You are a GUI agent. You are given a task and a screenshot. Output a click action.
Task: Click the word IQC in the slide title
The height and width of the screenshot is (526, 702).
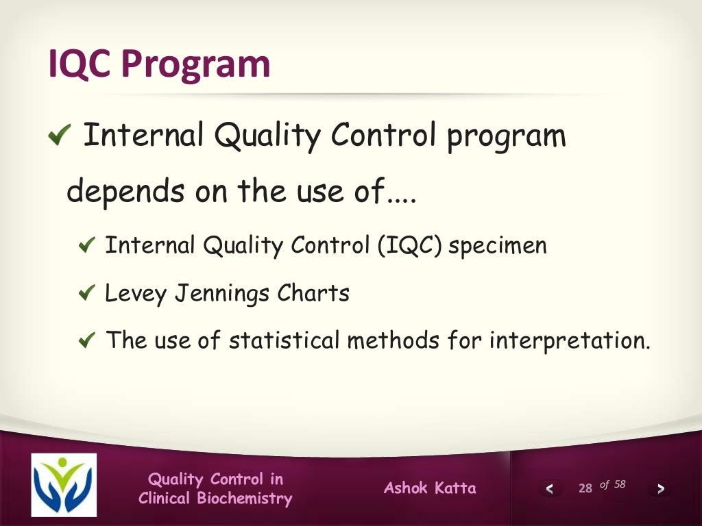point(80,64)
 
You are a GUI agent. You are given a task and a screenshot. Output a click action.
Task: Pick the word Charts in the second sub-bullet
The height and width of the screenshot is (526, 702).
point(313,294)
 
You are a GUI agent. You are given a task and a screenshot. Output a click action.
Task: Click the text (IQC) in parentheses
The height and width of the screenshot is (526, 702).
point(409,246)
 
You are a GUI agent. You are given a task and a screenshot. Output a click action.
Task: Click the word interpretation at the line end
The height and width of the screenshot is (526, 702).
point(568,341)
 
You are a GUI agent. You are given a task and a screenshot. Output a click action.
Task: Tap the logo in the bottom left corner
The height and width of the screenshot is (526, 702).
point(64,485)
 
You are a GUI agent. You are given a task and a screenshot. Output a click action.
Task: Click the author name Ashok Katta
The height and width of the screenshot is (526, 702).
point(430,488)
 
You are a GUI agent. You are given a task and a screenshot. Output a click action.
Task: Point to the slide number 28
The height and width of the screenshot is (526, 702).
point(585,488)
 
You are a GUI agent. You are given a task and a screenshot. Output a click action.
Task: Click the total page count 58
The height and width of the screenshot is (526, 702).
point(620,484)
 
